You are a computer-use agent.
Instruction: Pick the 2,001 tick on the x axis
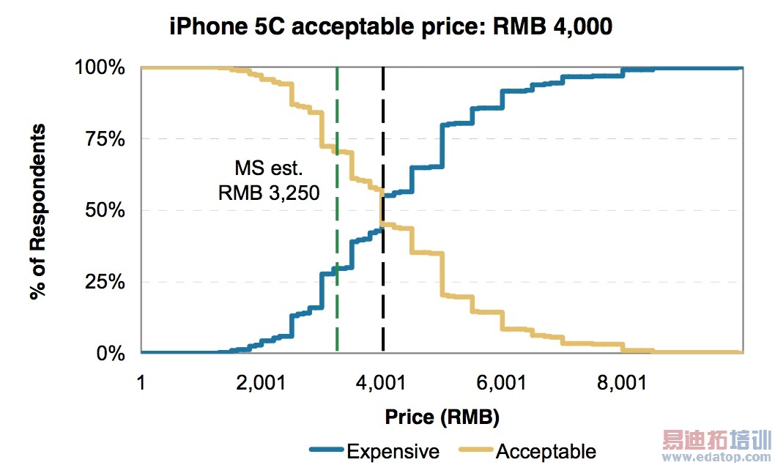coord(261,382)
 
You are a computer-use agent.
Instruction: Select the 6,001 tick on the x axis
coord(502,382)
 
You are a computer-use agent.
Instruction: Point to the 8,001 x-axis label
coord(622,382)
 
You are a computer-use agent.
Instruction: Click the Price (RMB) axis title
coord(442,418)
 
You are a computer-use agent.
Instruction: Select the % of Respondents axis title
coord(38,212)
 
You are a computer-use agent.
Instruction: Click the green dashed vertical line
coord(337,293)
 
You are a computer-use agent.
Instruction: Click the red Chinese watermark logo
coord(717,441)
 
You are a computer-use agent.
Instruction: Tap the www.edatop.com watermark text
coord(717,458)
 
